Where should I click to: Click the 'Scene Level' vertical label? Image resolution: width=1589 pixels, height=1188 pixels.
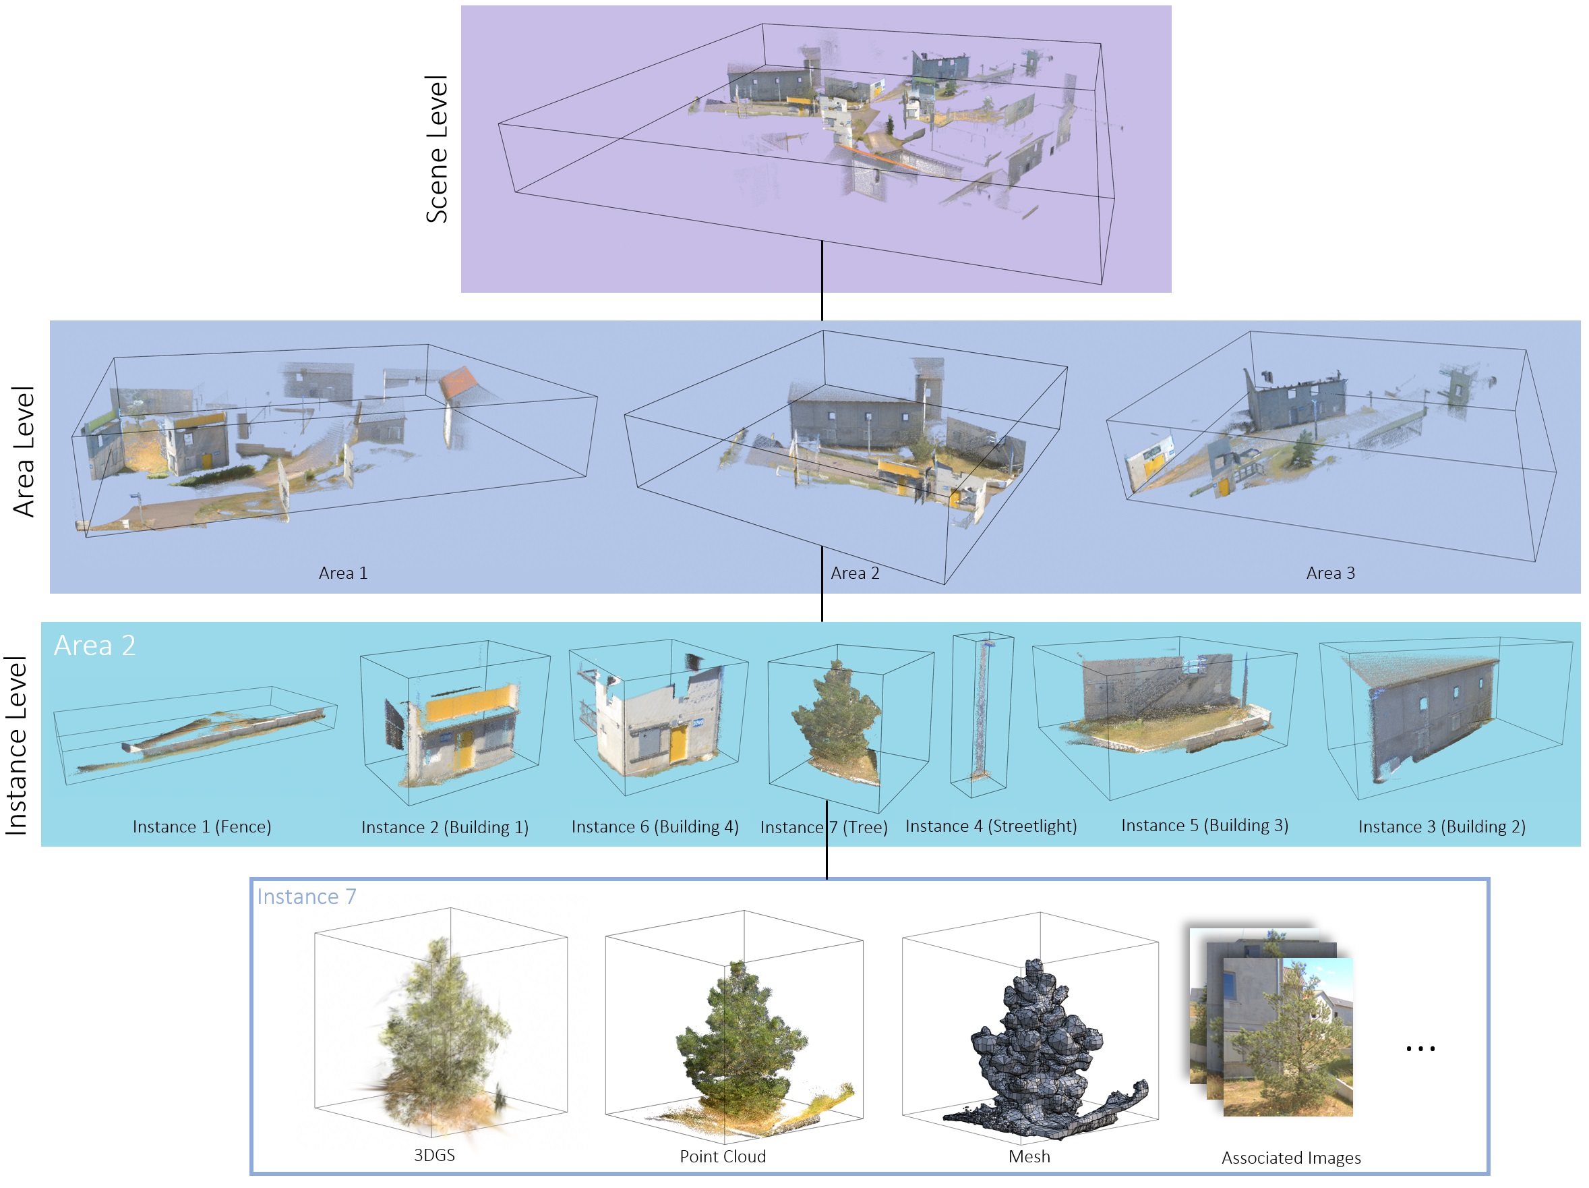(x=437, y=149)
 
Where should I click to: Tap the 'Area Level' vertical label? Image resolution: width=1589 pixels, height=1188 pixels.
(x=24, y=451)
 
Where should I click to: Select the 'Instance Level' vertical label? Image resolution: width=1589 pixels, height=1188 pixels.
(x=16, y=745)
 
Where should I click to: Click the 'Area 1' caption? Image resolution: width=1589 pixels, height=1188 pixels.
(x=342, y=573)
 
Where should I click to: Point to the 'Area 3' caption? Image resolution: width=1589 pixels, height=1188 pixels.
(x=1329, y=573)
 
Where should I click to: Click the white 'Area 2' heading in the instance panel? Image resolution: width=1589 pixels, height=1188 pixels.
(x=95, y=646)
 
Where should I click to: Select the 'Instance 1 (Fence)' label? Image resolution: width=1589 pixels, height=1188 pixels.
(x=202, y=826)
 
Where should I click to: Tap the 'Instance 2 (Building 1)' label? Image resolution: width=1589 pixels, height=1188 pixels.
(x=445, y=827)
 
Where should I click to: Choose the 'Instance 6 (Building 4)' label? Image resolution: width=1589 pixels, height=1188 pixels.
(x=655, y=826)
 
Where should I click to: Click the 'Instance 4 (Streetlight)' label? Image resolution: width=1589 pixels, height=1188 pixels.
(x=990, y=826)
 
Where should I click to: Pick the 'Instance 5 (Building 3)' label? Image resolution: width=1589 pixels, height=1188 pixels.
(x=1204, y=825)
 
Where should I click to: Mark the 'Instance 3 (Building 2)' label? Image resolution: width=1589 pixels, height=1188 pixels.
(x=1441, y=826)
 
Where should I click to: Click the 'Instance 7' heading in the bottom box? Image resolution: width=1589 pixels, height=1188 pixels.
(x=307, y=896)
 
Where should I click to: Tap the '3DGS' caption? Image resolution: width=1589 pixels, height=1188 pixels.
(x=434, y=1154)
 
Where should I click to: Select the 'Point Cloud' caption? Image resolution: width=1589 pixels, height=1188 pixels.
(x=723, y=1156)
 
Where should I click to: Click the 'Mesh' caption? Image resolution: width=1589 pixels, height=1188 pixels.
(x=1029, y=1156)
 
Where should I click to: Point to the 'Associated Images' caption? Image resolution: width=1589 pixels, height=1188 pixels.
(x=1291, y=1157)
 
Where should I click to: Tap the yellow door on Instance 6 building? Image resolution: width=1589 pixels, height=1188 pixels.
(x=678, y=743)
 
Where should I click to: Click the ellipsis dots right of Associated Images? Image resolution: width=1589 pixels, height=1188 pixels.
(x=1420, y=1048)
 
